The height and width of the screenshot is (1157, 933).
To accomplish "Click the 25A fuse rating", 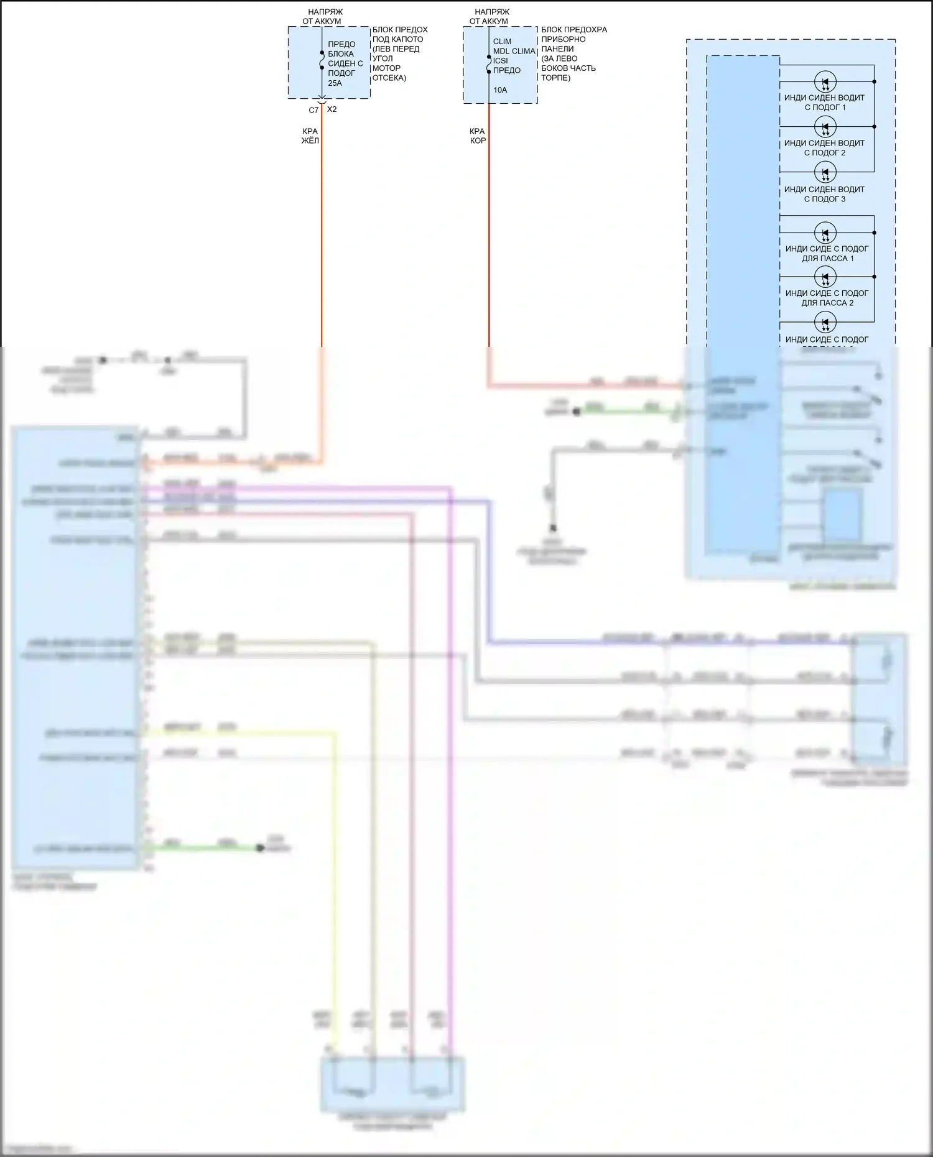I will tap(335, 83).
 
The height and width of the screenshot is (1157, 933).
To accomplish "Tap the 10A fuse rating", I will tap(500, 90).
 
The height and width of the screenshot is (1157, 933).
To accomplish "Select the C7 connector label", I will tap(313, 110).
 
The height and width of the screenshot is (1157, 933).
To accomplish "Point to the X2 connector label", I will tap(332, 109).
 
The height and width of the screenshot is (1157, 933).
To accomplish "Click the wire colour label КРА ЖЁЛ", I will tap(310, 136).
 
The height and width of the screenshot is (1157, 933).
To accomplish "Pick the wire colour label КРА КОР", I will tap(478, 136).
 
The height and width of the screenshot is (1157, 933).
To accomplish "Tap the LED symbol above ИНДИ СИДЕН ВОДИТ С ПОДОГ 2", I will tap(825, 127).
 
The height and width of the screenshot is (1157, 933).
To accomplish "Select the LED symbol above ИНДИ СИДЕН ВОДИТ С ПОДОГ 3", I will tap(825, 172).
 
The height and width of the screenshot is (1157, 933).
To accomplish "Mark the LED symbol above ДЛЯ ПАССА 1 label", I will tap(825, 233).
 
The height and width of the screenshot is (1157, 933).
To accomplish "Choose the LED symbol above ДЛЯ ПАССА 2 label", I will tap(825, 277).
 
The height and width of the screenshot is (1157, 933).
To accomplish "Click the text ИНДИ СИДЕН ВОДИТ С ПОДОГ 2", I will tap(824, 148).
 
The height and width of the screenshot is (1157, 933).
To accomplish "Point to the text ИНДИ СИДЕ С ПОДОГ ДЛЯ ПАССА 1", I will tap(827, 254).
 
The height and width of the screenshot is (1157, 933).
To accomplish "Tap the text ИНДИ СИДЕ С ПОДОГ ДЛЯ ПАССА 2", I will tap(827, 298).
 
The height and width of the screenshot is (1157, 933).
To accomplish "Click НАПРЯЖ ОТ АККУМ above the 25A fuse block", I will tap(322, 16).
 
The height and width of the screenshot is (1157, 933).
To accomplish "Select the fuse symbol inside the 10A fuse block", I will tap(489, 63).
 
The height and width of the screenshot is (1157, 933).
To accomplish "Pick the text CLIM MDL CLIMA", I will tap(514, 47).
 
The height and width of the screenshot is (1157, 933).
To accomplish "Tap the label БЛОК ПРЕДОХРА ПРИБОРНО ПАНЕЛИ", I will tap(573, 39).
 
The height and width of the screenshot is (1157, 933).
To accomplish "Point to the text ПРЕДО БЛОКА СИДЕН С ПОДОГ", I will tap(345, 58).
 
